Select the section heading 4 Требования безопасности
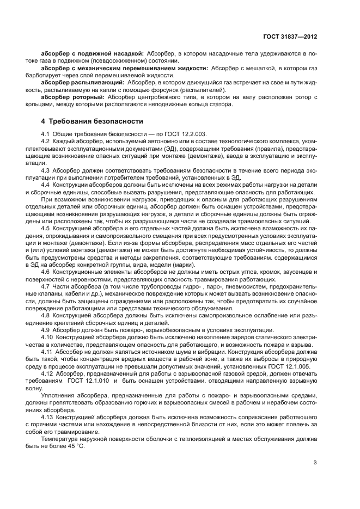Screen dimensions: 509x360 click(93, 120)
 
